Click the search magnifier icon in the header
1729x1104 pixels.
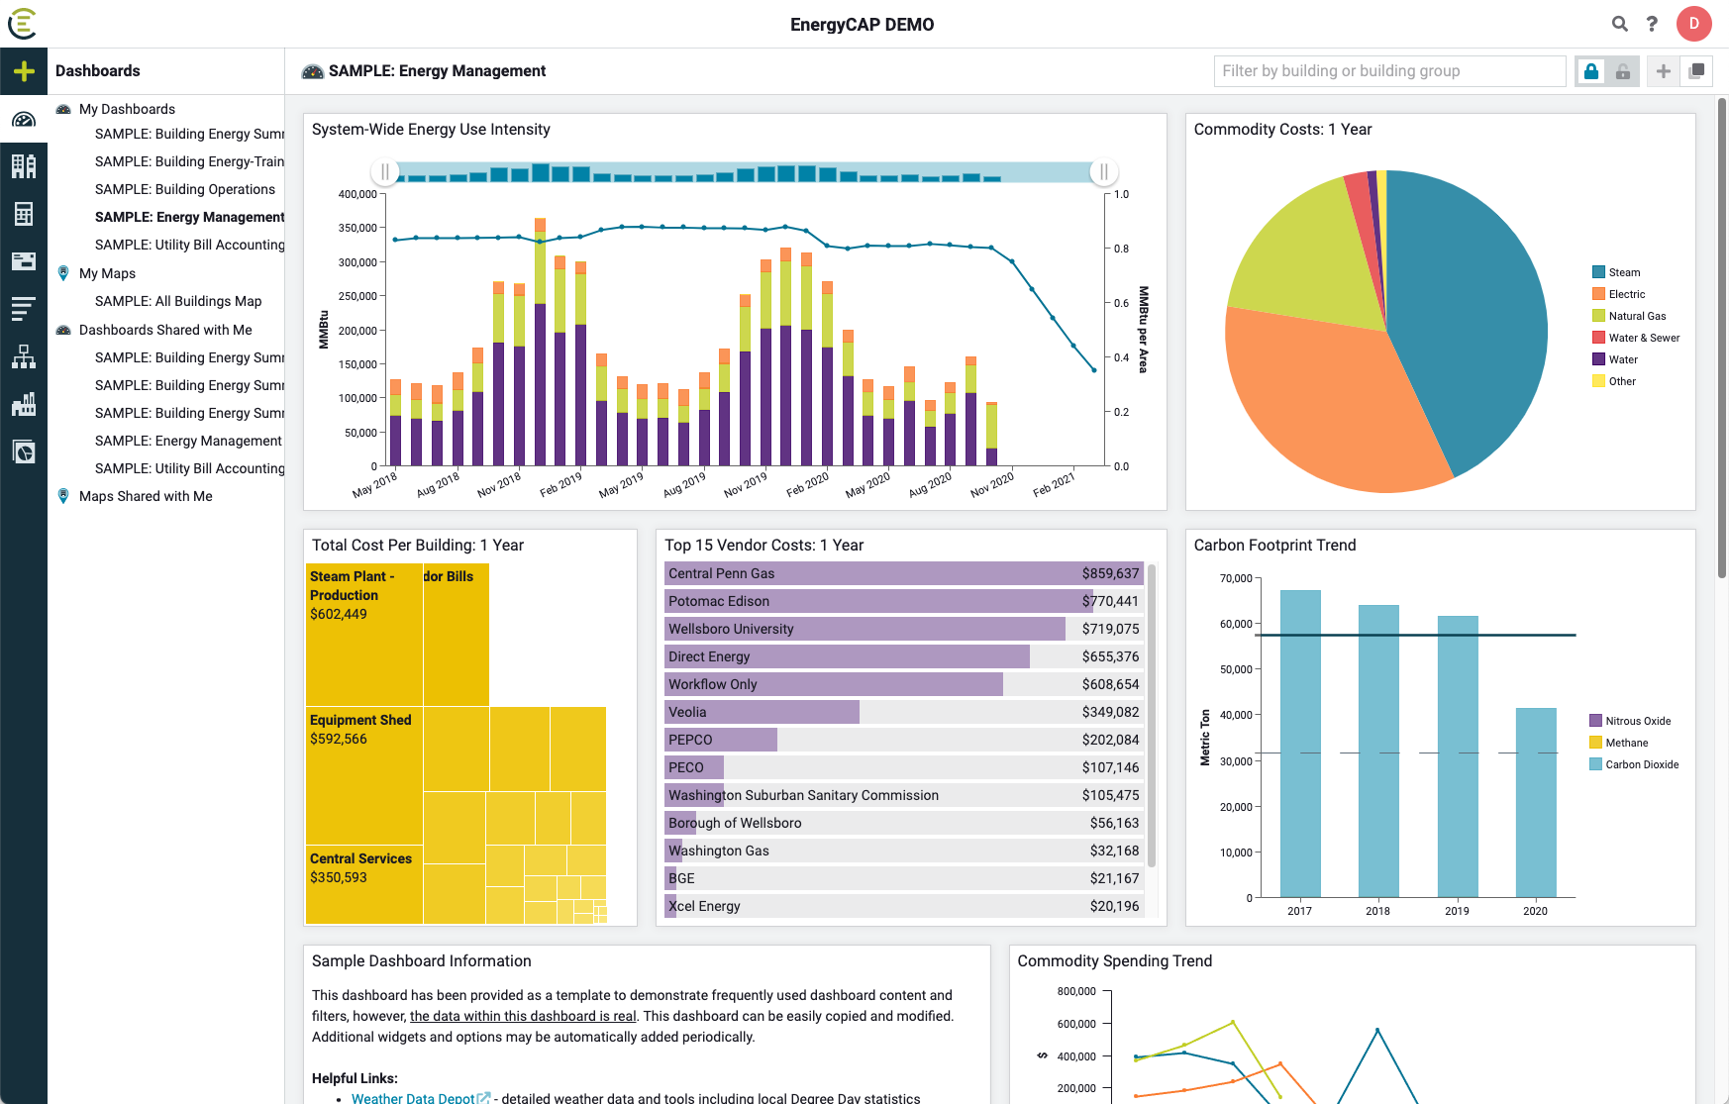pos(1619,24)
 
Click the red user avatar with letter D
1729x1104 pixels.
pos(1693,24)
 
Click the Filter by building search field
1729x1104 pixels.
pos(1388,71)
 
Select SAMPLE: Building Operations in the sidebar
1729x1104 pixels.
pos(185,189)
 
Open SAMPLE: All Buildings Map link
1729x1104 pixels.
pos(178,301)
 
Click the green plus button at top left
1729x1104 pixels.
pos(24,71)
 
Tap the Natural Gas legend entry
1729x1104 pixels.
pos(1636,316)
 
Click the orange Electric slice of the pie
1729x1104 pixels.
pos(1327,406)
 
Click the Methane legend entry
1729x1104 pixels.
pos(1626,743)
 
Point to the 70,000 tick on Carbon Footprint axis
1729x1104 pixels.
pos(1236,578)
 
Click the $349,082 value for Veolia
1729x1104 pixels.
pos(1110,712)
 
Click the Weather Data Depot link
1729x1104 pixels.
pos(413,1097)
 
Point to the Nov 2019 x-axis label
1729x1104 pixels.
pos(745,484)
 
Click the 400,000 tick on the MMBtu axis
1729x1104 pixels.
pos(357,194)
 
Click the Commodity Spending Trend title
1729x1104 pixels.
pos(1114,960)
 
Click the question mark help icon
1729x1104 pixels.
pos(1652,24)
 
